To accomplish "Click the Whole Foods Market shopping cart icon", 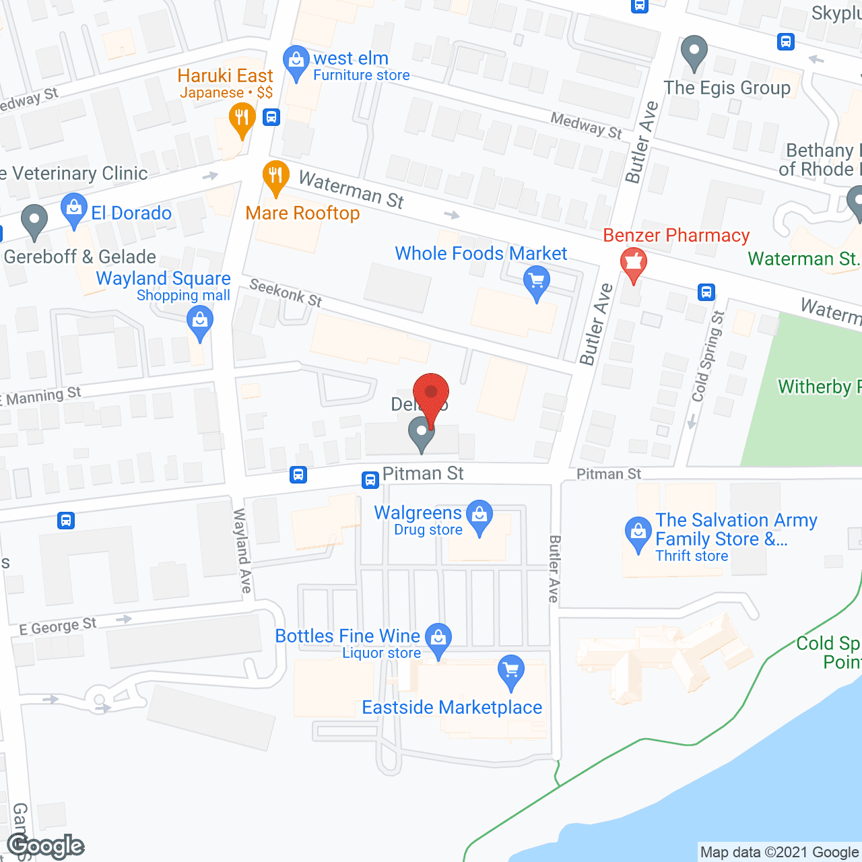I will tap(536, 281).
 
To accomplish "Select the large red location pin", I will tap(430, 394).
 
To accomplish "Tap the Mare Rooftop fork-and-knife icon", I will tap(275, 176).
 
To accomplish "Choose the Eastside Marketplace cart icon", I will tap(511, 671).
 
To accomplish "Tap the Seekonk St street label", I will tap(286, 293).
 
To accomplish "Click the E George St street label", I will tap(58, 626).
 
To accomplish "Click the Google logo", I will tap(46, 846).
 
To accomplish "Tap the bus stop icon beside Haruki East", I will tap(271, 117).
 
